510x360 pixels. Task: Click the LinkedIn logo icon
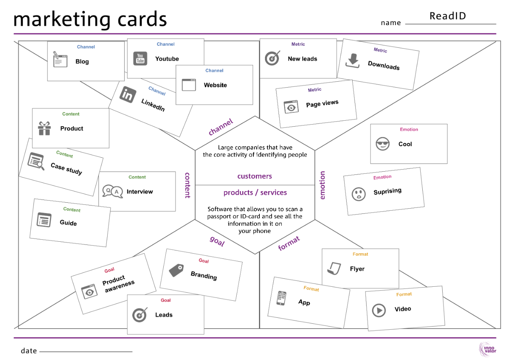[x=127, y=95]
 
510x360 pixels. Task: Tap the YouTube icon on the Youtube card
[x=140, y=59]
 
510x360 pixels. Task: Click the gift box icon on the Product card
[x=44, y=129]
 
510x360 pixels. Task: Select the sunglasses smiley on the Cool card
[x=382, y=144]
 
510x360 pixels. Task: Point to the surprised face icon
[x=359, y=194]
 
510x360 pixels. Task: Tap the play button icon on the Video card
[x=379, y=310]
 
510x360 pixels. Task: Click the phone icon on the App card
[x=282, y=298]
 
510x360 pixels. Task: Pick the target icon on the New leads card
[x=272, y=59]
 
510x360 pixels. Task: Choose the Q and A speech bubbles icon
[x=112, y=192]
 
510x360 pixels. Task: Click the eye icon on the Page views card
[x=291, y=107]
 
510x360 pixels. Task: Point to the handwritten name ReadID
[x=447, y=16]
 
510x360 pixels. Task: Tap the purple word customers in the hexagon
[x=255, y=176]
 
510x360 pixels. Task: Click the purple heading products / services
[x=255, y=193]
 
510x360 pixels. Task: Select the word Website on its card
[x=215, y=85]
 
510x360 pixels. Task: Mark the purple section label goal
[x=217, y=241]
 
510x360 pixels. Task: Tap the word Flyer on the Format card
[x=357, y=269]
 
